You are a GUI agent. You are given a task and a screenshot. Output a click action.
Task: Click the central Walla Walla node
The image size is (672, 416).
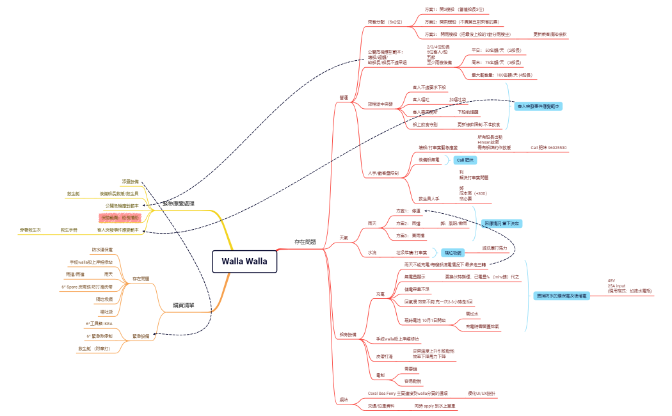click(244, 261)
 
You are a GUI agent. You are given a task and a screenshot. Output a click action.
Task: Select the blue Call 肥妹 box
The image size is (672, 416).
click(465, 159)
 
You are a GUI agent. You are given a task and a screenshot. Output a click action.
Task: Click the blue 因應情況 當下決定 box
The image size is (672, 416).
click(502, 223)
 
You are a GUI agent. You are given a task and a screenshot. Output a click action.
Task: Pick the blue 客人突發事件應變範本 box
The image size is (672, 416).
click(539, 106)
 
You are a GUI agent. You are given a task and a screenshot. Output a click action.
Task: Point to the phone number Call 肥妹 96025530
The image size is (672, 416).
click(548, 148)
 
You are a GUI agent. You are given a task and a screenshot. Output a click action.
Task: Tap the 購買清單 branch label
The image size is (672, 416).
click(184, 305)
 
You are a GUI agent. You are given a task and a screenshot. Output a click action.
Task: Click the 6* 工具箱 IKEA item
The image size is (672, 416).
click(99, 324)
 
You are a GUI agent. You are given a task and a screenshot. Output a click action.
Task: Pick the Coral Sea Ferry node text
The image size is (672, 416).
click(408, 393)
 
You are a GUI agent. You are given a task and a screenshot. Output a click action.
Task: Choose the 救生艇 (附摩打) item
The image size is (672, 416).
click(94, 348)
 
